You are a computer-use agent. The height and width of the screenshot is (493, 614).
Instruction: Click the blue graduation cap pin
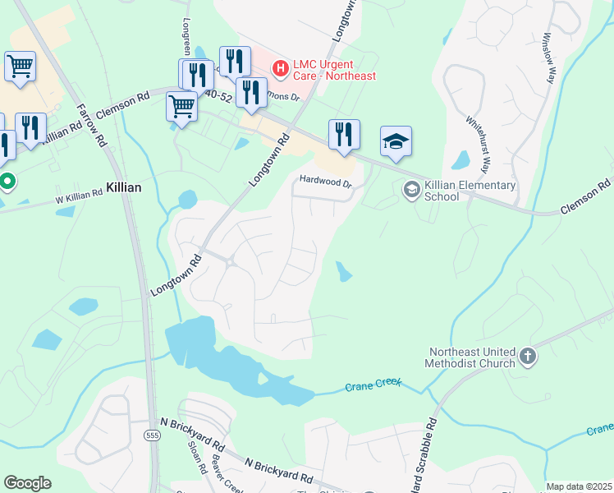pyautogui.click(x=396, y=143)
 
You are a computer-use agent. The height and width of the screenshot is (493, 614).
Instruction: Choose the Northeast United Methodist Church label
pyautogui.click(x=471, y=357)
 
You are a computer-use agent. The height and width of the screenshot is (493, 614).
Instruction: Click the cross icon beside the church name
pyautogui.click(x=527, y=357)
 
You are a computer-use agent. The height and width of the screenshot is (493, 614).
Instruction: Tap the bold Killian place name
pyautogui.click(x=124, y=187)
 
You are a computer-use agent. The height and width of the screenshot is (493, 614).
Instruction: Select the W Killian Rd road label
pyautogui.click(x=79, y=194)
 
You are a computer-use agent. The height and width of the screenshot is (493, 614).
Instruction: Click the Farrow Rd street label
pyautogui.click(x=92, y=125)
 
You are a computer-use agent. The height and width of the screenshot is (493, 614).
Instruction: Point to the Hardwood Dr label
pyautogui.click(x=325, y=181)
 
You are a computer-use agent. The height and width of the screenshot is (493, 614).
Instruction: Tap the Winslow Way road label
pyautogui.click(x=548, y=57)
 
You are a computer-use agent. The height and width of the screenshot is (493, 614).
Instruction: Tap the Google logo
pyautogui.click(x=27, y=483)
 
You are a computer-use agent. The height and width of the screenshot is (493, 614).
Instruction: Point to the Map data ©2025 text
pyautogui.click(x=579, y=486)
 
